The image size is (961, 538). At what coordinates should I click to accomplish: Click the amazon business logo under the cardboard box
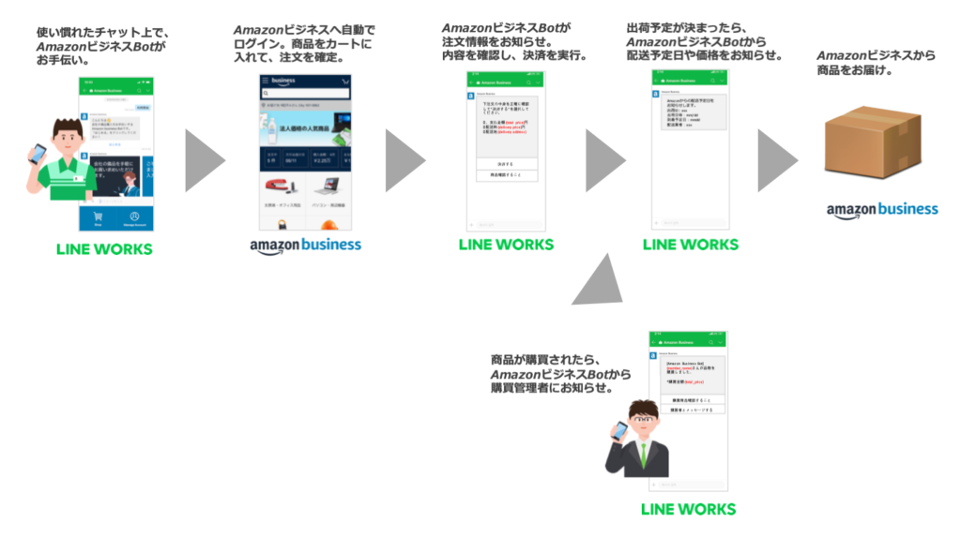(x=881, y=210)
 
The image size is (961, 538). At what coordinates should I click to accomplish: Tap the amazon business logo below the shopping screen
(x=305, y=246)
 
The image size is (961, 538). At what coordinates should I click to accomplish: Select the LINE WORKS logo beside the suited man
(x=688, y=509)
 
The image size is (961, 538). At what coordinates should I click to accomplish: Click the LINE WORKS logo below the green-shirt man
(x=104, y=249)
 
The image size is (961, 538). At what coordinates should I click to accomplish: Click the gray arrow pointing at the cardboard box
(x=776, y=160)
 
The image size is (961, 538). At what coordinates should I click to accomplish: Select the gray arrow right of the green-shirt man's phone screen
(x=204, y=160)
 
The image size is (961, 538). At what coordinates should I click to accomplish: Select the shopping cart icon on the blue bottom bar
(x=99, y=217)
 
